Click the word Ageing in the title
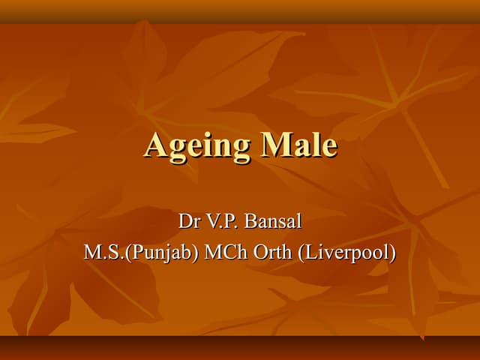coord(197,145)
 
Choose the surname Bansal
coord(272,221)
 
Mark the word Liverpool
coord(346,253)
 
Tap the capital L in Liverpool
coord(310,252)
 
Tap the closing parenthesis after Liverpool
coord(391,253)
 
